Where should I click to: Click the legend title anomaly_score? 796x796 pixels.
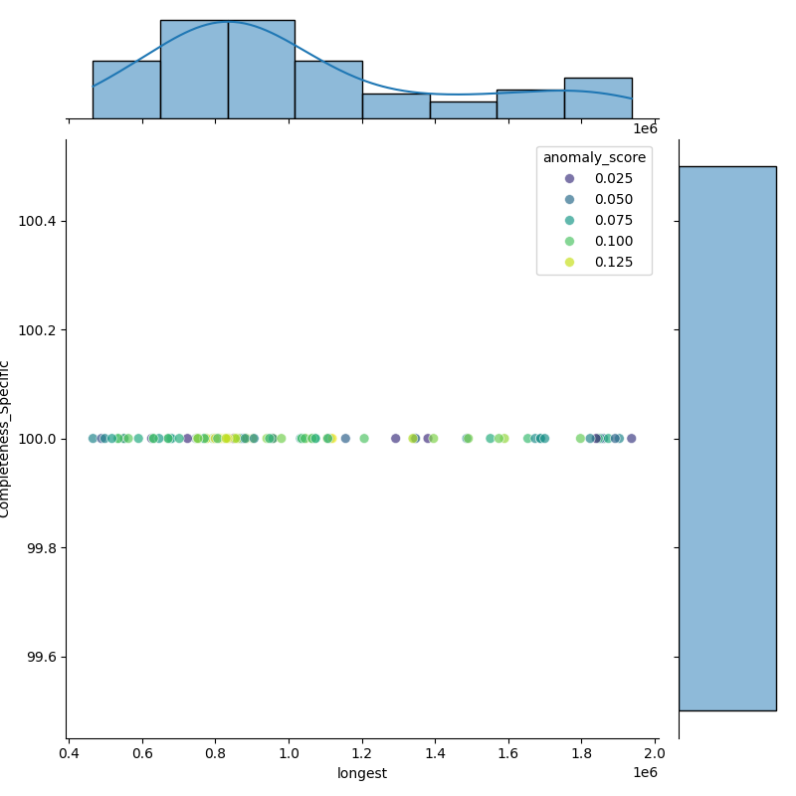pos(594,157)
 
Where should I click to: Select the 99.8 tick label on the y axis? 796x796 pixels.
pos(42,547)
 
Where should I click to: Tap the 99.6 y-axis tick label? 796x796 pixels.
pos(42,657)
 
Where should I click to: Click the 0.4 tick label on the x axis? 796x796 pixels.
pos(69,754)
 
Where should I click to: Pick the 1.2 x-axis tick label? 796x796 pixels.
pos(362,754)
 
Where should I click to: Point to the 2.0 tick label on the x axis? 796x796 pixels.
pos(656,754)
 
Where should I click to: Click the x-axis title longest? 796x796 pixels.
pos(362,773)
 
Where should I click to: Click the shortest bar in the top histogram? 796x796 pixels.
pos(463,110)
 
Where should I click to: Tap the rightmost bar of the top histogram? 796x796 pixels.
pos(598,99)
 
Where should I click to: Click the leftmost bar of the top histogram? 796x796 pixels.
pos(126,90)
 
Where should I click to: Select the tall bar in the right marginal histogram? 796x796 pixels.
pos(727,438)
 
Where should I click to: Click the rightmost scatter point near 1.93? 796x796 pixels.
pos(631,438)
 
